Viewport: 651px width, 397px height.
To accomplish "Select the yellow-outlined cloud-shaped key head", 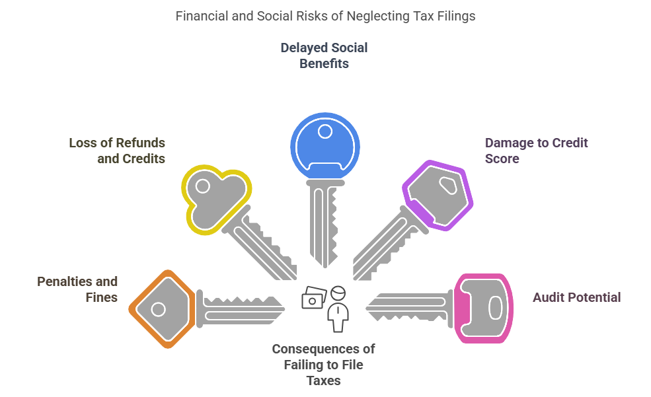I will (215, 198).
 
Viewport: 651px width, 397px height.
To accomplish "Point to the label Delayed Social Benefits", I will (324, 56).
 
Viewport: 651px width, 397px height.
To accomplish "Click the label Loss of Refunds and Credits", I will (117, 151).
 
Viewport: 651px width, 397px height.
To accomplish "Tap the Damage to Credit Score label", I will (536, 151).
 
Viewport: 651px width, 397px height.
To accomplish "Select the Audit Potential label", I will (576, 297).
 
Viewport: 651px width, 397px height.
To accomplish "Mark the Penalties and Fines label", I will (77, 289).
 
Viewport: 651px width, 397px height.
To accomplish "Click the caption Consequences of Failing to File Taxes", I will (324, 365).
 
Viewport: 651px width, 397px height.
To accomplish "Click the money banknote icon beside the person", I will (313, 297).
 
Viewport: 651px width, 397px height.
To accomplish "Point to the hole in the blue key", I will (325, 131).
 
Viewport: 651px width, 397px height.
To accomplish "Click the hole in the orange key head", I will (158, 308).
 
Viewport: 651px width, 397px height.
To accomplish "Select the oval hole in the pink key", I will (495, 308).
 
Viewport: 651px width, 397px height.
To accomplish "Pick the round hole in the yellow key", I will (203, 186).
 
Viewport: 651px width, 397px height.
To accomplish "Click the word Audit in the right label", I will (549, 297).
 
